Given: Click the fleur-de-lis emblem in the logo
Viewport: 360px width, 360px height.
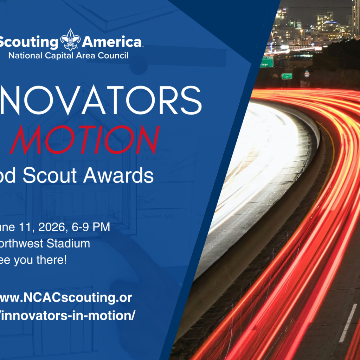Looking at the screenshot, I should coord(70,40).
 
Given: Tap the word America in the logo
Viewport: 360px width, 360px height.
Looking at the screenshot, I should coord(112,43).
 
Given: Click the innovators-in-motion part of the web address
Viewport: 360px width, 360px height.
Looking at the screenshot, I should coord(69,315).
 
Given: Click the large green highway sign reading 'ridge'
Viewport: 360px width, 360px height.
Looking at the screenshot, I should coord(266,62).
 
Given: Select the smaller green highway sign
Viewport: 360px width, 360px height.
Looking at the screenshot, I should coord(287,76).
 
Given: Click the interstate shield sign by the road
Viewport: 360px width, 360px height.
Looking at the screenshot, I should coord(307,75).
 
